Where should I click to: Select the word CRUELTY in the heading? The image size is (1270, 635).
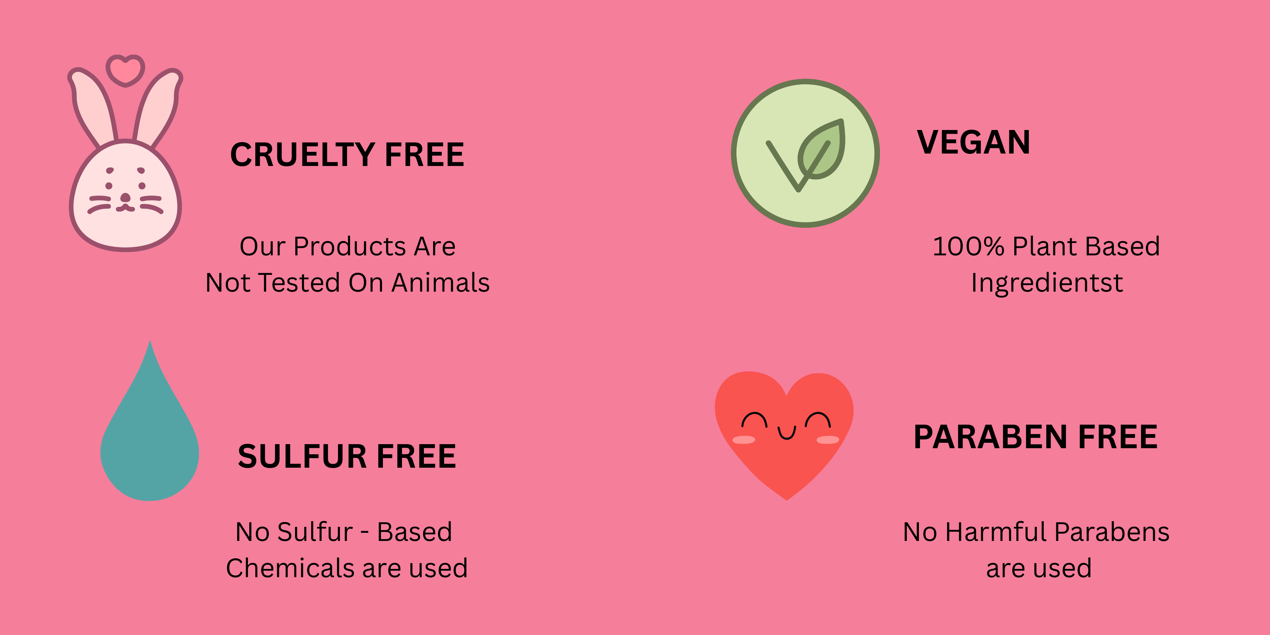(302, 155)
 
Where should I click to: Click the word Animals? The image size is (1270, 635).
(441, 283)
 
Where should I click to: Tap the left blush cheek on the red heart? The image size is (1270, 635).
(744, 440)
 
